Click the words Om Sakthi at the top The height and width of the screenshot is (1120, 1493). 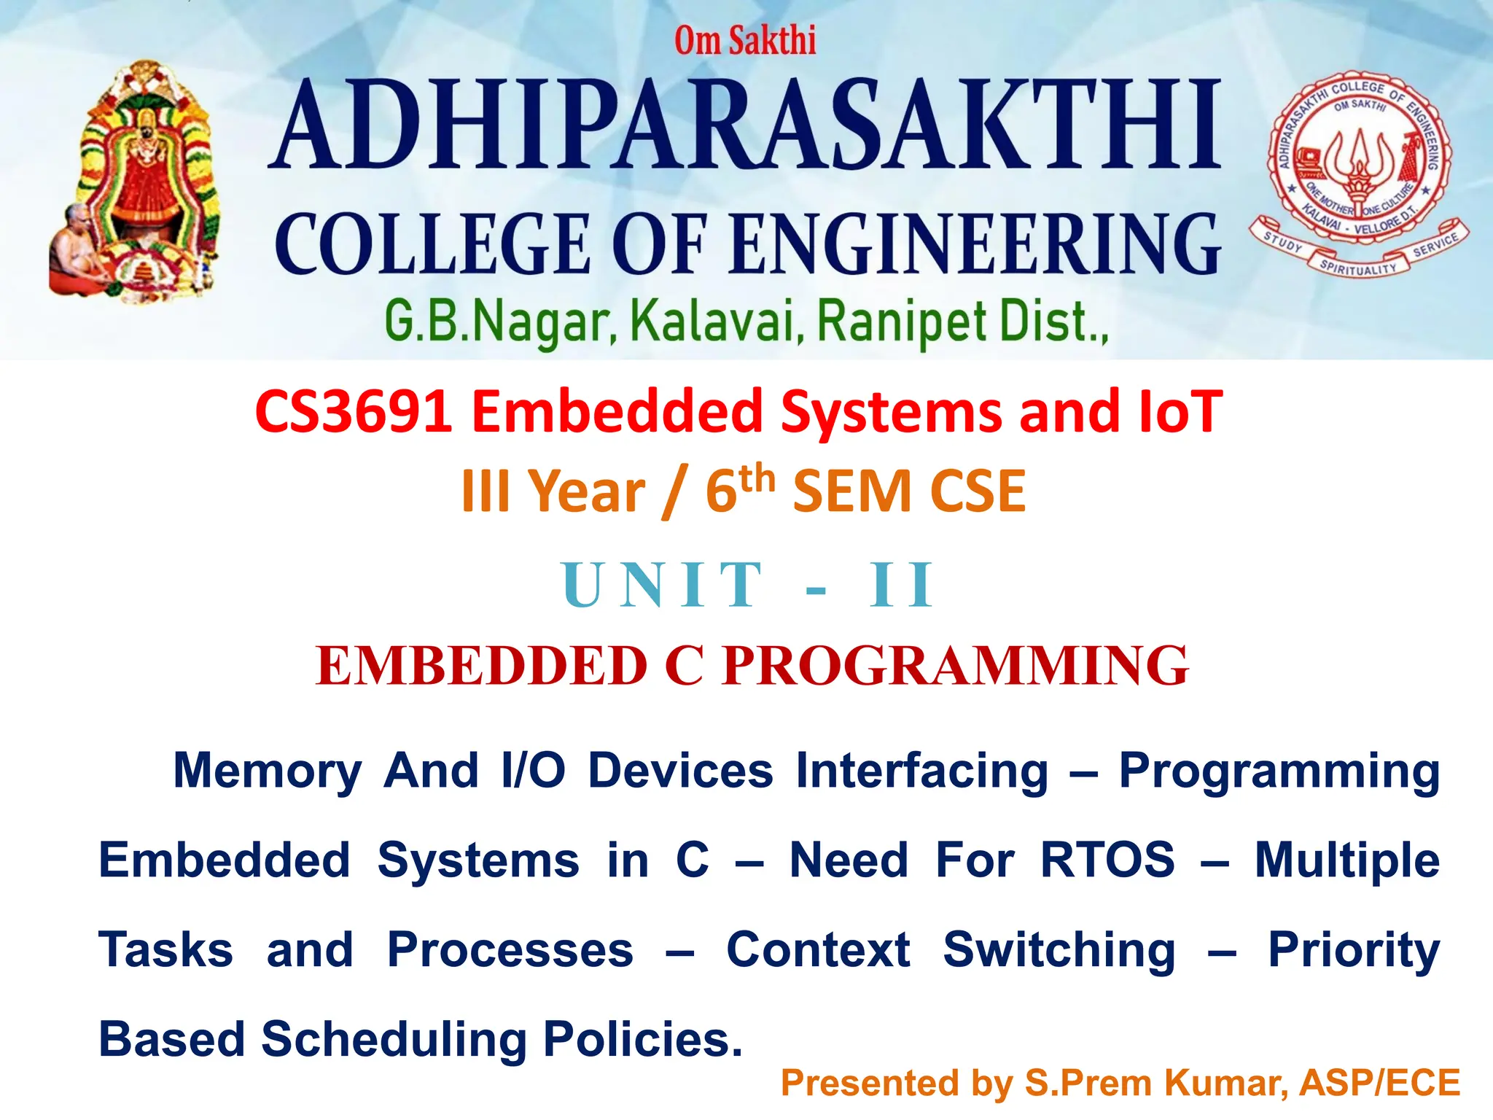pyautogui.click(x=744, y=40)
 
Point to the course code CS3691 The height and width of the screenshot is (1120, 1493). pyautogui.click(x=354, y=412)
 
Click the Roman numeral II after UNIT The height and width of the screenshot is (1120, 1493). pyautogui.click(x=901, y=585)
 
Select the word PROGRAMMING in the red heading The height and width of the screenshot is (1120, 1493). pyautogui.click(x=955, y=666)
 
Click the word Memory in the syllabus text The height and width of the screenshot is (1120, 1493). pyautogui.click(x=268, y=771)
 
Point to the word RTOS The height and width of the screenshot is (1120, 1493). pyautogui.click(x=1107, y=860)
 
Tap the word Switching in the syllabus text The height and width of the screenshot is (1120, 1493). pyautogui.click(x=1059, y=950)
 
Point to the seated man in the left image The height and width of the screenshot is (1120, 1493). pyautogui.click(x=77, y=252)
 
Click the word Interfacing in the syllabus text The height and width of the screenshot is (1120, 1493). pyautogui.click(x=921, y=771)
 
